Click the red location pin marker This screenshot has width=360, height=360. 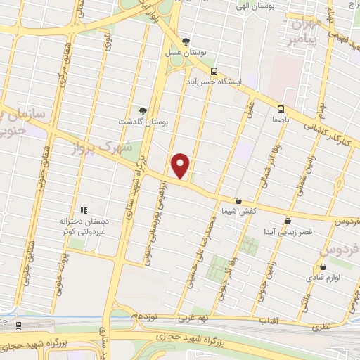(181, 165)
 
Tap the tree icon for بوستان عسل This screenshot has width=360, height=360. (186, 41)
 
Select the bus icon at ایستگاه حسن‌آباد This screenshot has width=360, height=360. (214, 71)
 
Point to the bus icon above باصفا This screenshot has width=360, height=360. (281, 109)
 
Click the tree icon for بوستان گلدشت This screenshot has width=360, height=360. (143, 111)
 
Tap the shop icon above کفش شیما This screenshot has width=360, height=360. (238, 200)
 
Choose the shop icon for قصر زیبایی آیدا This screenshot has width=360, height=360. (287, 221)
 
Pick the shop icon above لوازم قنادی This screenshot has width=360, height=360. (323, 267)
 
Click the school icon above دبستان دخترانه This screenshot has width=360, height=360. (83, 210)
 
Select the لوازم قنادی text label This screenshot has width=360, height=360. (323, 278)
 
